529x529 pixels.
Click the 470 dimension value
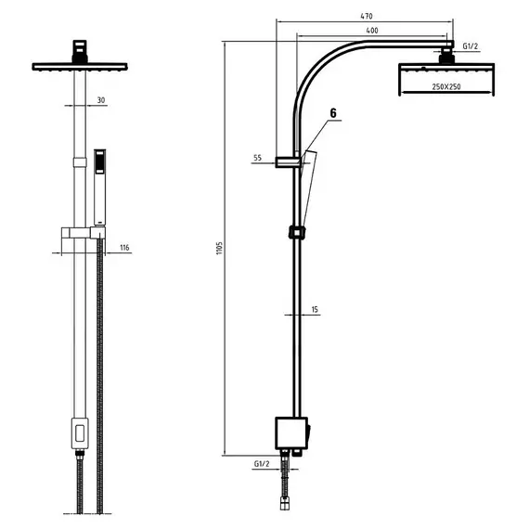pyautogui.click(x=367, y=16)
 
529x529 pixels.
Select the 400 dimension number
pyautogui.click(x=372, y=31)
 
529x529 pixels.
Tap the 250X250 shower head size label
pyautogui.click(x=446, y=86)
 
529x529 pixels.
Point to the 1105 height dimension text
pyautogui.click(x=220, y=248)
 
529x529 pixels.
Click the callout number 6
pyautogui.click(x=333, y=113)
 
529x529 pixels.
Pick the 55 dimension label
pyautogui.click(x=257, y=158)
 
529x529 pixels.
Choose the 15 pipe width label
pyautogui.click(x=315, y=309)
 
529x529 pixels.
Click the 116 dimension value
pyautogui.click(x=124, y=248)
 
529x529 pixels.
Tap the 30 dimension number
pyautogui.click(x=101, y=100)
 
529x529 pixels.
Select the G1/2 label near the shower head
pyautogui.click(x=470, y=46)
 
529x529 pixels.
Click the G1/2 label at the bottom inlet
pyautogui.click(x=262, y=464)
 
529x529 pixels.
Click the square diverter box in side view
pyautogui.click(x=291, y=433)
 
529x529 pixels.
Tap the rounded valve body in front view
pyautogui.click(x=80, y=433)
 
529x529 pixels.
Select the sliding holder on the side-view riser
pyautogui.click(x=297, y=233)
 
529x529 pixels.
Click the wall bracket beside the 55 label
pyautogui.click(x=288, y=162)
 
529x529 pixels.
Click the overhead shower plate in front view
pyautogui.click(x=80, y=67)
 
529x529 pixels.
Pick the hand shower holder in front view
pyautogui.click(x=84, y=232)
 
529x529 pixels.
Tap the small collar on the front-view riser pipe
pyautogui.click(x=80, y=162)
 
